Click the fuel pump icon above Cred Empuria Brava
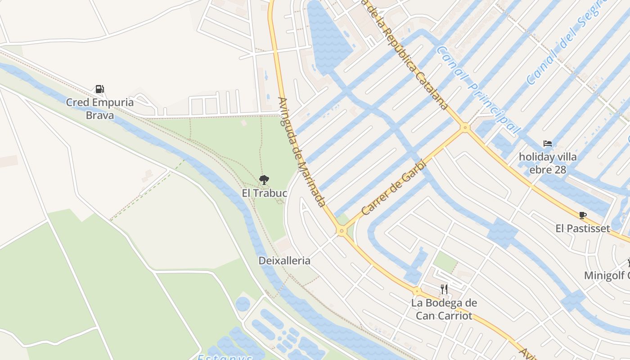pos(99,89)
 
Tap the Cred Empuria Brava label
pos(100,108)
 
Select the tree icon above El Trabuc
pos(264,180)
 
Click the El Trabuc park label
pos(264,193)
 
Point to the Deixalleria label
pos(284,261)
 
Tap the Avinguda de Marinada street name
pos(301,152)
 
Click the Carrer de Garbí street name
pos(393,187)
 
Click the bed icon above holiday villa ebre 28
pos(548,144)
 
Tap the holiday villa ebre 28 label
pos(548,163)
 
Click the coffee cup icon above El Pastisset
pos(583,215)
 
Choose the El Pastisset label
pos(583,228)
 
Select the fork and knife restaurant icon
pos(444,289)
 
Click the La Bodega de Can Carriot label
pos(444,309)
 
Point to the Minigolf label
pos(607,275)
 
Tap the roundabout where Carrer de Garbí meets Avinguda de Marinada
pos(342,231)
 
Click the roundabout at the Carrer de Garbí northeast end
pos(465,128)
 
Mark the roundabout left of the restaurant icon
pos(417,292)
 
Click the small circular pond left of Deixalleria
pos(243,304)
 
